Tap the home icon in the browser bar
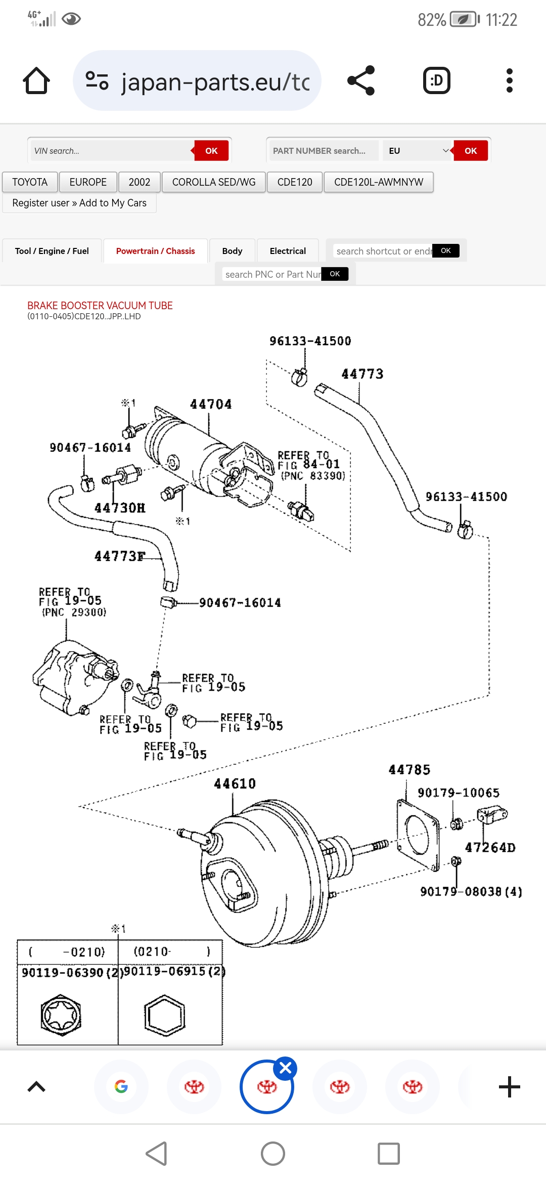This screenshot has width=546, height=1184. pyautogui.click(x=36, y=81)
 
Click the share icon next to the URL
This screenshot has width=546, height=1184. pyautogui.click(x=361, y=80)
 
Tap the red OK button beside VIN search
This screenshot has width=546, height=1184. pyautogui.click(x=211, y=151)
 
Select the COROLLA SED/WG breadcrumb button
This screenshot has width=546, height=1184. pyautogui.click(x=213, y=182)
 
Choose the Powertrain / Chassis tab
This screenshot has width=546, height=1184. pyautogui.click(x=155, y=251)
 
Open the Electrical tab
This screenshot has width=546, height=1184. pyautogui.click(x=288, y=251)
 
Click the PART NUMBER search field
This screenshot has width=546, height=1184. pyautogui.click(x=324, y=151)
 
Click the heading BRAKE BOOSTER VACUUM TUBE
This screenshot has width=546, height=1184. pyautogui.click(x=100, y=306)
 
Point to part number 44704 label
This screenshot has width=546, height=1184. pyautogui.click(x=211, y=404)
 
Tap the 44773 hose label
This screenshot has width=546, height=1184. pyautogui.click(x=362, y=374)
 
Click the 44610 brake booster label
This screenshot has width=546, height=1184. pyautogui.click(x=235, y=784)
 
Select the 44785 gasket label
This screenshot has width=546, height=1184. pyautogui.click(x=409, y=770)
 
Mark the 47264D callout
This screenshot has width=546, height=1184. pyautogui.click(x=490, y=847)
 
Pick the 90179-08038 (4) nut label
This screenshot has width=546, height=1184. pyautogui.click(x=470, y=892)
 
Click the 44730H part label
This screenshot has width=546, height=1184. pyautogui.click(x=120, y=508)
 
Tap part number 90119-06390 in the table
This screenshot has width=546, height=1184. pyautogui.click(x=63, y=972)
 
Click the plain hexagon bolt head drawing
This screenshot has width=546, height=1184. pyautogui.click(x=165, y=1015)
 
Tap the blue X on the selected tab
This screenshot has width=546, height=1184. pyautogui.click(x=285, y=1068)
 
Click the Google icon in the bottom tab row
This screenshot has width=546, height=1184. pyautogui.click(x=121, y=1086)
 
